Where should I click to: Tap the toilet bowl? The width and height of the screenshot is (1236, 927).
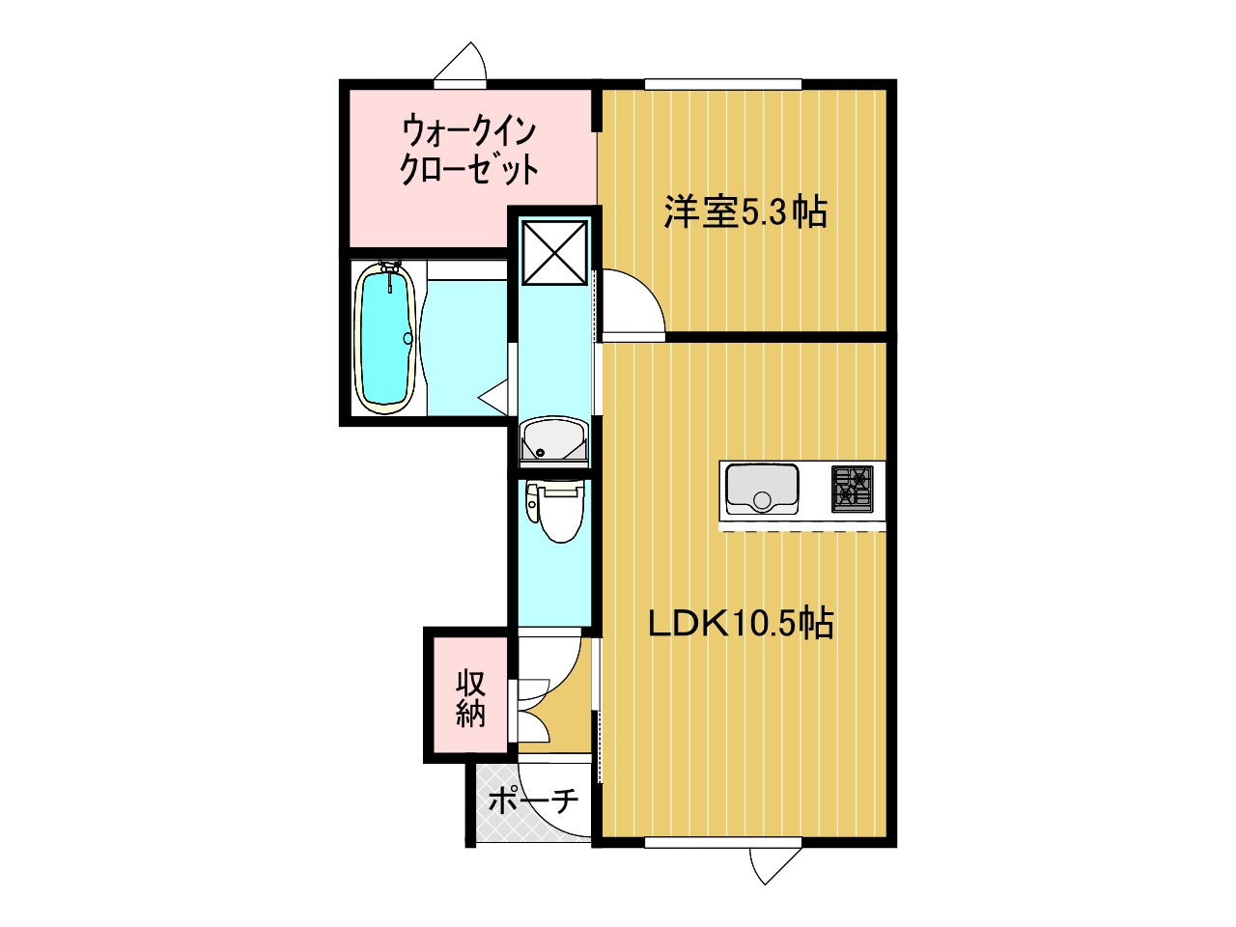click(559, 513)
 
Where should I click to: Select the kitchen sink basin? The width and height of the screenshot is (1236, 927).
click(762, 489)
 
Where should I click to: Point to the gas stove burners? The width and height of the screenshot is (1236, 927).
click(852, 489)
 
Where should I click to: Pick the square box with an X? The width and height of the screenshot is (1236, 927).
click(554, 252)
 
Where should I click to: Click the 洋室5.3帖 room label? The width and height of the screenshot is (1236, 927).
click(745, 212)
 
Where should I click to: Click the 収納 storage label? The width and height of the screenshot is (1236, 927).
click(470, 698)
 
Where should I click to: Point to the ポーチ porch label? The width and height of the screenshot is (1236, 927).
click(533, 801)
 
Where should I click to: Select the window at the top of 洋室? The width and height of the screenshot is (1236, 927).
click(723, 84)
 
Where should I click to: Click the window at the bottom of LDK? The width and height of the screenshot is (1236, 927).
click(723, 857)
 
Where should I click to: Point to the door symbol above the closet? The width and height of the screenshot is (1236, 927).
click(460, 62)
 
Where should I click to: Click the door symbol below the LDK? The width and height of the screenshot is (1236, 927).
click(775, 882)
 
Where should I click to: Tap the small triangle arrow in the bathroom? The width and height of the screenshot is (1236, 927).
click(493, 398)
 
